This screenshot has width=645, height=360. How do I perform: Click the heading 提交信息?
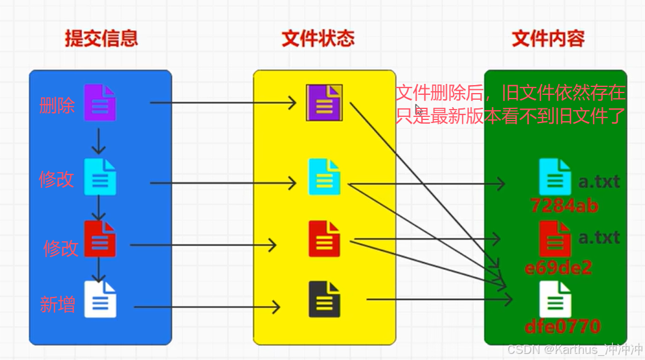(x=102, y=39)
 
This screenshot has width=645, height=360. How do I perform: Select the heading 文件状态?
(x=318, y=39)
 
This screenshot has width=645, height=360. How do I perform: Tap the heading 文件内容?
(x=548, y=39)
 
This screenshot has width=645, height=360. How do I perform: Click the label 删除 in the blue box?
(x=57, y=105)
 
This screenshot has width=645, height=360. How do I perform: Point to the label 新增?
(x=58, y=304)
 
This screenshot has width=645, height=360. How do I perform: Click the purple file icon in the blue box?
(x=100, y=102)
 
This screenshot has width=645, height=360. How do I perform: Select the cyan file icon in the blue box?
(x=100, y=177)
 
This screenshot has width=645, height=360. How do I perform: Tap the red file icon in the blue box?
(x=100, y=239)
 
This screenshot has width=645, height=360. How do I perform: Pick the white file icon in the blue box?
(x=100, y=299)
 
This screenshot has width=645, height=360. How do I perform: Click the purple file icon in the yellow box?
(x=324, y=102)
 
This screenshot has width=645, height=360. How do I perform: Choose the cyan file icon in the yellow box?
(x=324, y=177)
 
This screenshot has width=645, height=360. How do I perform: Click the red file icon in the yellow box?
(x=324, y=239)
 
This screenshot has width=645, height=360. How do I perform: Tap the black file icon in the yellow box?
(x=324, y=299)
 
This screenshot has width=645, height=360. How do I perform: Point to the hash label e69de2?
(x=558, y=268)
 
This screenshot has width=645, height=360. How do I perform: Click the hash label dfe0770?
(x=563, y=326)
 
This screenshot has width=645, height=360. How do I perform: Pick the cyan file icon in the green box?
(x=555, y=177)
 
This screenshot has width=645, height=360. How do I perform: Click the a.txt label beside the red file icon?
(x=599, y=237)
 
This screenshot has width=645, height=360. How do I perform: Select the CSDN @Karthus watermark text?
(x=573, y=350)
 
